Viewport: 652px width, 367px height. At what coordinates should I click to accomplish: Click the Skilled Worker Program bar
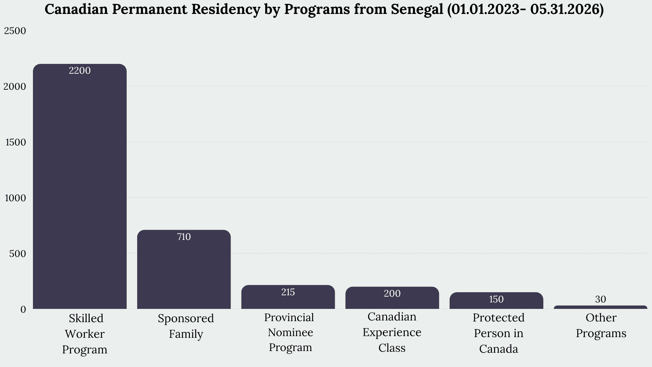pos(80,186)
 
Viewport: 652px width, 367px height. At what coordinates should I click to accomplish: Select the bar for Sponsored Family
pos(184,269)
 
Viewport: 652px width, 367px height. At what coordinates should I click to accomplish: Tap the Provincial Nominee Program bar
pos(288,297)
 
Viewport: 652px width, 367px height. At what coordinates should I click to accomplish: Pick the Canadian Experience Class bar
pos(392,298)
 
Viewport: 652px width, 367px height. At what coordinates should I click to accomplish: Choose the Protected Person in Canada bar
pos(496,300)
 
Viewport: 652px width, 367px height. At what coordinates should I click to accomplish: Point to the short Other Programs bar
pos(600,307)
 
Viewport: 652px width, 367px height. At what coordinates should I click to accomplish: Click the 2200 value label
pos(80,71)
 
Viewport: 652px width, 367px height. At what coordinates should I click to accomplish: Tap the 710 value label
pos(184,237)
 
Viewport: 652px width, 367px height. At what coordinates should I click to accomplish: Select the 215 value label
pos(288,292)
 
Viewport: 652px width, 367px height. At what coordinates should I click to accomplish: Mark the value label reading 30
pos(600,299)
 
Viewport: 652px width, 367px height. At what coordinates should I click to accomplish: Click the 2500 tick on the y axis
pos(15,31)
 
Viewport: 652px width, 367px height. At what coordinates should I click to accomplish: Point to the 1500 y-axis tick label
pos(16,142)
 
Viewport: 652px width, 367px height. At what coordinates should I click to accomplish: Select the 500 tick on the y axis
pos(18,254)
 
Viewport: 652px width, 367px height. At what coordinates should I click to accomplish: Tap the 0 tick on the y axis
pos(23,310)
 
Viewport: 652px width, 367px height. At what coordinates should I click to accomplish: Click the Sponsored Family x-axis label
pos(186,326)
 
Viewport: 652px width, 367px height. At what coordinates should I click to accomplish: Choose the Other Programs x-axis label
pos(601,326)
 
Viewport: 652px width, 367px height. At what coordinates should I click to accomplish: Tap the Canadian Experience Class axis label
pos(392,332)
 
